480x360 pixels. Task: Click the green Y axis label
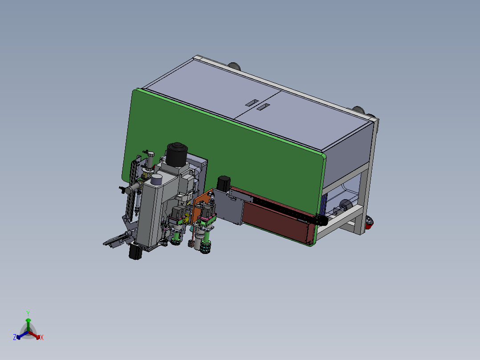(x=28, y=313)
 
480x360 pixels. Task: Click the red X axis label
(x=42, y=337)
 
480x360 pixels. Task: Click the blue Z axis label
(x=15, y=337)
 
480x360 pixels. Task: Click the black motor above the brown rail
(x=224, y=184)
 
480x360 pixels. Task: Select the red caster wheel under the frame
(x=369, y=223)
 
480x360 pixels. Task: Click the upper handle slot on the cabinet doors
(x=252, y=103)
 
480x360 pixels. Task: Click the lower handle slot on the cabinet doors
(x=263, y=107)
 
